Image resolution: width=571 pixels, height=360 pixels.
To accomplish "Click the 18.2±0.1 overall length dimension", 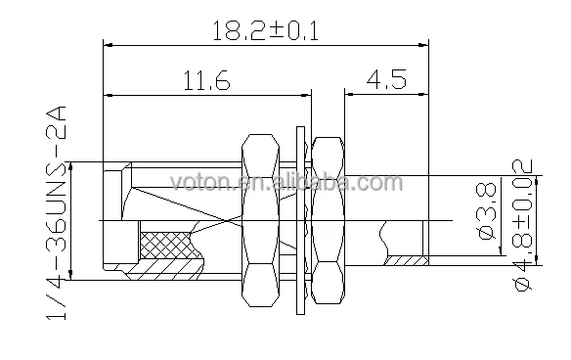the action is click(x=265, y=31).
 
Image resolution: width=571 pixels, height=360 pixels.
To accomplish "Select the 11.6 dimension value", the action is click(x=206, y=80).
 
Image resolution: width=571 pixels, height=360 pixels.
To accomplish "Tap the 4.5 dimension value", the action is click(x=386, y=80).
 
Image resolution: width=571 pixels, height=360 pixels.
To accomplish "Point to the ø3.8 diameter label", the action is click(x=487, y=210).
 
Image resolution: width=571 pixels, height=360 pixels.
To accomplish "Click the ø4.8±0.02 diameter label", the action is click(x=522, y=224).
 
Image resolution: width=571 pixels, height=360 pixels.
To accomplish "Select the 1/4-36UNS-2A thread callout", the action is click(x=57, y=213).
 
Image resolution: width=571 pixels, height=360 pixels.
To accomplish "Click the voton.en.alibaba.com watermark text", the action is click(x=286, y=183).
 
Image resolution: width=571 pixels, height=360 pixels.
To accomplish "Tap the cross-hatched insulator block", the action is click(x=166, y=245).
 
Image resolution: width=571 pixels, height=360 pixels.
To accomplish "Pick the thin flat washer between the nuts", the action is click(x=300, y=220).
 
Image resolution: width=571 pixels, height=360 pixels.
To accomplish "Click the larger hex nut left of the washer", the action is click(x=261, y=220).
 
